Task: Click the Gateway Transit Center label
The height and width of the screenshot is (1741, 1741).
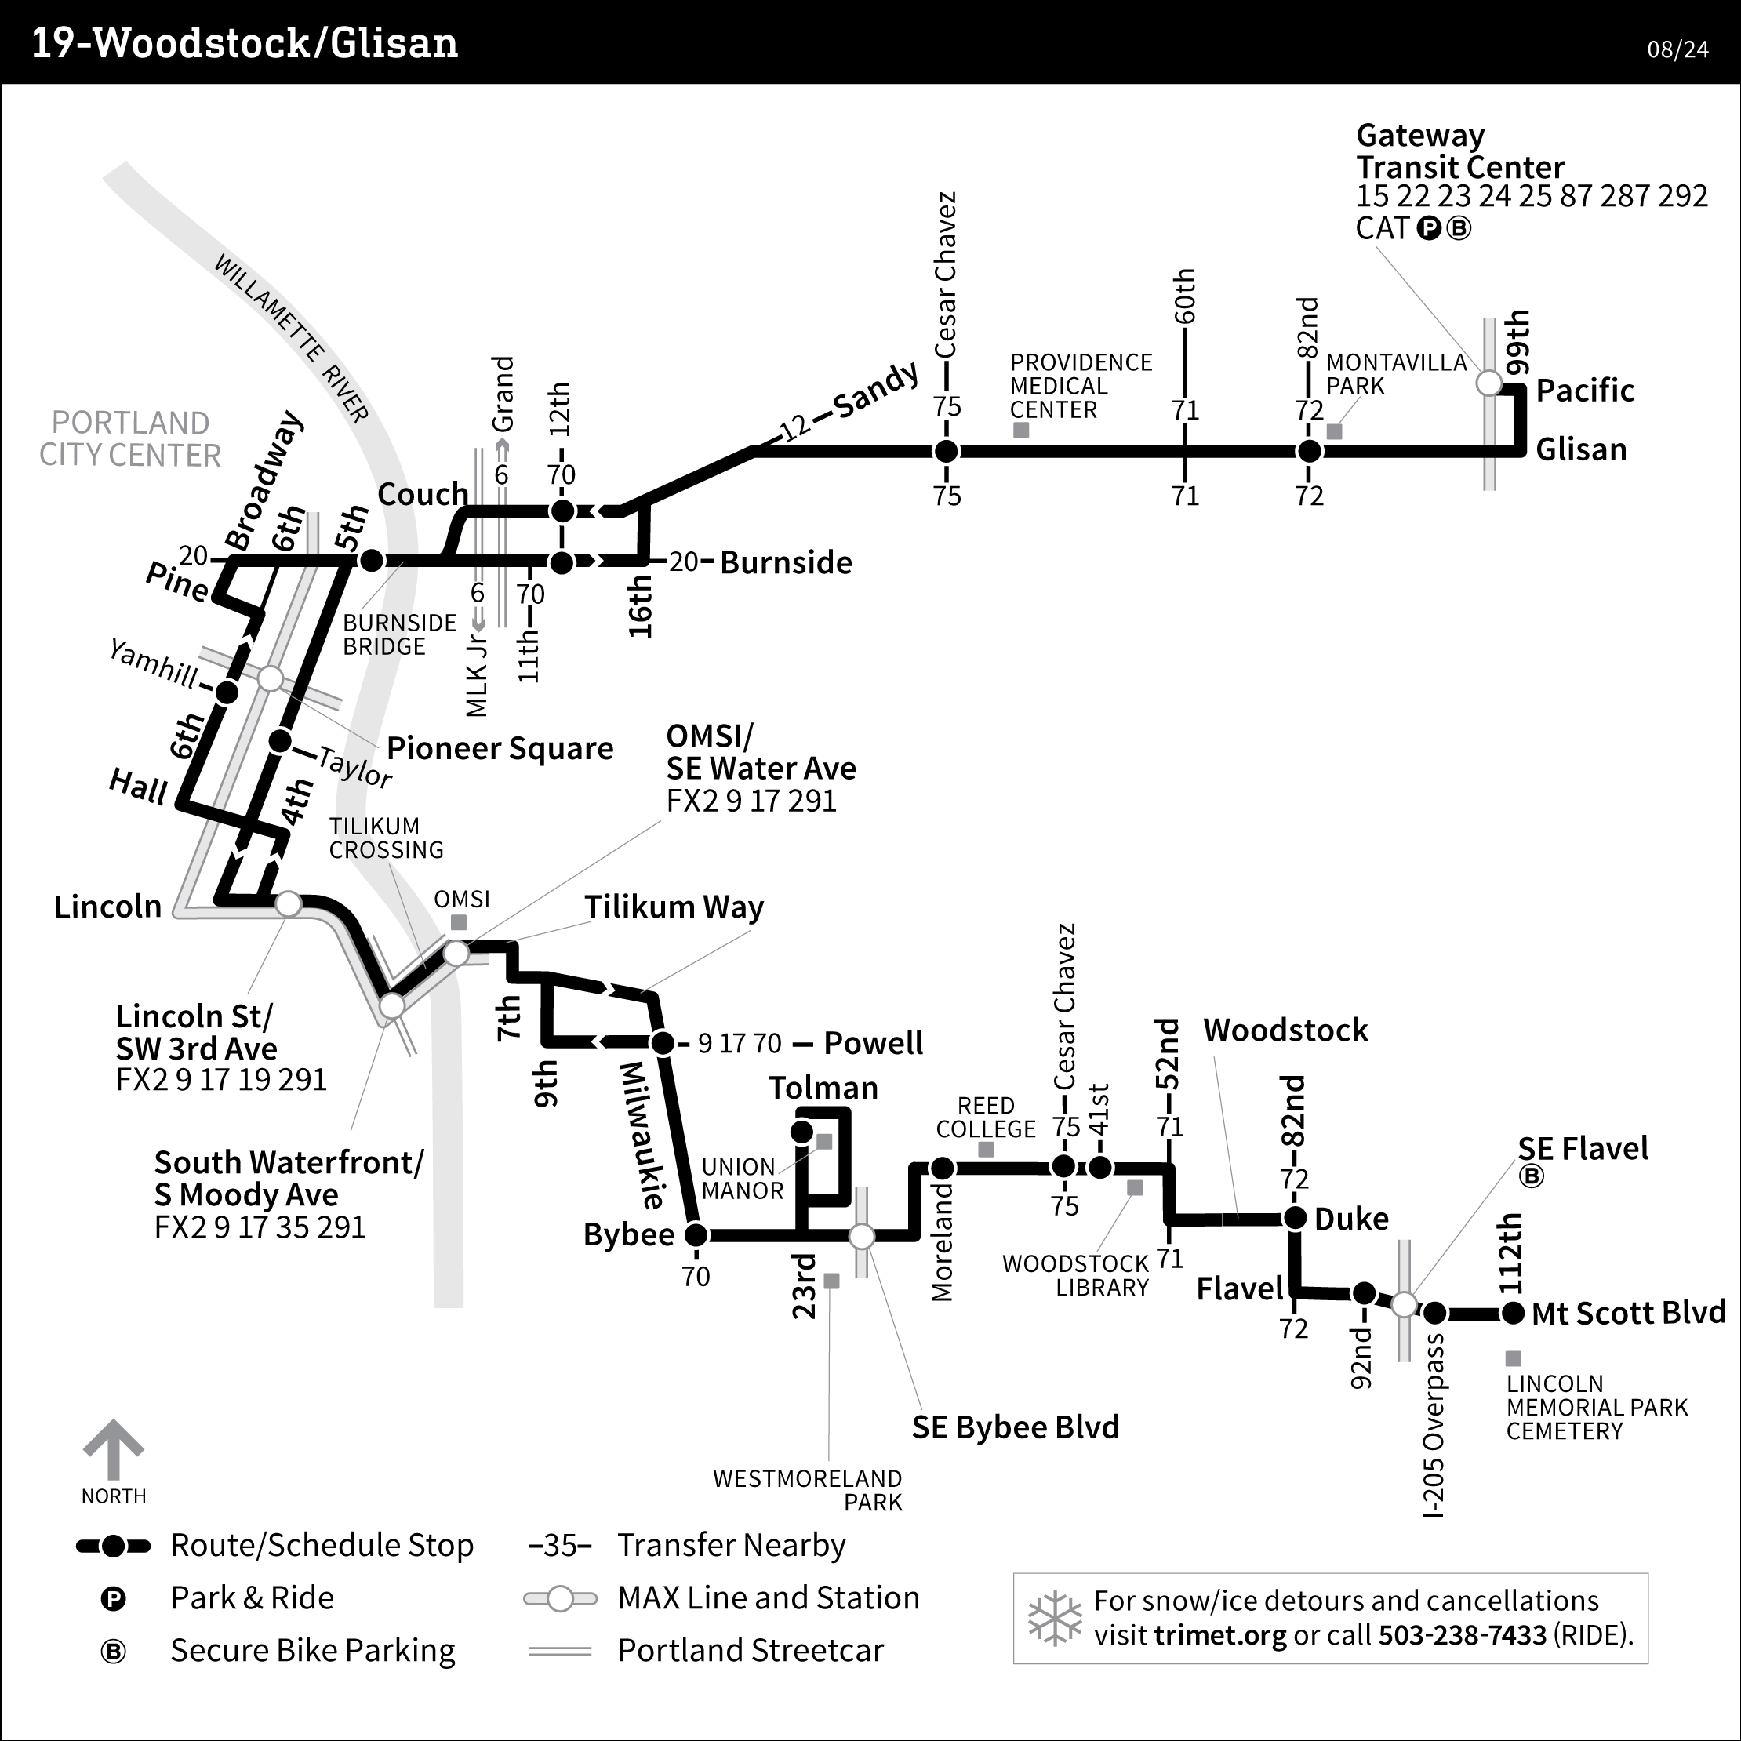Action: coord(1459,151)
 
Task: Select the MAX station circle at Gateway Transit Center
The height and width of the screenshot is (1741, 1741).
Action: coord(1488,383)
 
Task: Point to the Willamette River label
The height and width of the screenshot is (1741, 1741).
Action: coord(291,338)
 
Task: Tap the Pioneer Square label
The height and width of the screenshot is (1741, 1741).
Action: coord(500,748)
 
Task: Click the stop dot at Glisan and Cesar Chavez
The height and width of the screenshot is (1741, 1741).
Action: coord(947,451)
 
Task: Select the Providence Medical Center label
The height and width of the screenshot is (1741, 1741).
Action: coord(1081,386)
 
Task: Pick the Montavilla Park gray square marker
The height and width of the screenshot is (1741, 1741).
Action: coord(1335,431)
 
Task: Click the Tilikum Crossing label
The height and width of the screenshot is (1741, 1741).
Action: coord(386,838)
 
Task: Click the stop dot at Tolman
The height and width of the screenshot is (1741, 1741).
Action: coord(800,1131)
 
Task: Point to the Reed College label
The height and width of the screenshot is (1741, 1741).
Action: coord(986,1117)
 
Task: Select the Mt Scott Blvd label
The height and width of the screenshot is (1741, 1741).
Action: coord(1627,1313)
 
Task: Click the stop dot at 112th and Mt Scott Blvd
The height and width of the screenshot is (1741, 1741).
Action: coord(1513,1313)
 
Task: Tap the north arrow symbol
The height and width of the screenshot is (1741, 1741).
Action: coord(114,1450)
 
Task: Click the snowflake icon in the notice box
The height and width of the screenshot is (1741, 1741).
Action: coord(1054,1619)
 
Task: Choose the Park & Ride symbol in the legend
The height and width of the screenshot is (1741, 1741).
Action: coord(114,1598)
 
